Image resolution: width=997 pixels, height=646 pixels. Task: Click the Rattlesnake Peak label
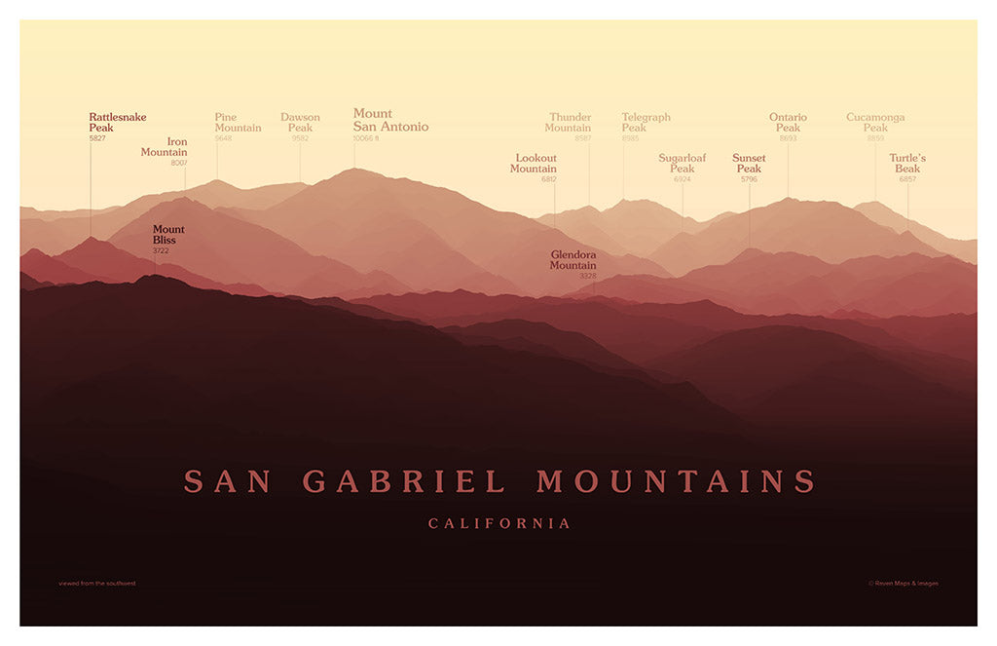point(117,123)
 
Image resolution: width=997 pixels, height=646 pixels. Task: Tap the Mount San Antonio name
point(389,121)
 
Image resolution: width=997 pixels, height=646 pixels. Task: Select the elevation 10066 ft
point(366,138)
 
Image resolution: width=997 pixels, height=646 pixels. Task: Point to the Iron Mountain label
point(165,147)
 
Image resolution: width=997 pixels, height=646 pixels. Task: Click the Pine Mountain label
point(238,123)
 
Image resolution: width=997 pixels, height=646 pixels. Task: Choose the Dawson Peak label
point(300,123)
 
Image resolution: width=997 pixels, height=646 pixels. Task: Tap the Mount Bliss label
point(167,235)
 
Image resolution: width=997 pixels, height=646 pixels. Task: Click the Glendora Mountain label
point(572,260)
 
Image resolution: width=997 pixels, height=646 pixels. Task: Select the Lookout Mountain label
point(535,164)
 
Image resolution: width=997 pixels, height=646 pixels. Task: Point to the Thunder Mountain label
point(569,123)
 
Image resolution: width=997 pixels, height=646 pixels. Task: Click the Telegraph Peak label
point(646,123)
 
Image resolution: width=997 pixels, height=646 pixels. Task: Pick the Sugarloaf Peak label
point(682,164)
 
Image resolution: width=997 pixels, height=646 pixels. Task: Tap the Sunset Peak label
point(749,164)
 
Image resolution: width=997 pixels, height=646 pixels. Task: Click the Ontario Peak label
point(788,123)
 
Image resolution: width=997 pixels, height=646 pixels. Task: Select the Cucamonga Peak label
point(875,123)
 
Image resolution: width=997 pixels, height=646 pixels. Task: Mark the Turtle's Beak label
point(907,164)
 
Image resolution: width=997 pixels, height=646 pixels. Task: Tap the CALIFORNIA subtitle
point(499,524)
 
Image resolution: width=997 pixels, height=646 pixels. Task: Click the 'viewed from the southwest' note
point(97,584)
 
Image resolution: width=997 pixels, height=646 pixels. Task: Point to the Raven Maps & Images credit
point(903,584)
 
